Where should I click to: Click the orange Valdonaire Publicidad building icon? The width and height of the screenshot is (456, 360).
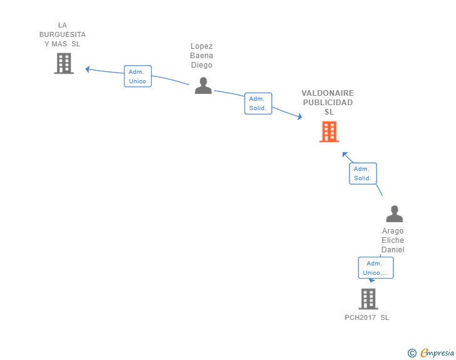329,131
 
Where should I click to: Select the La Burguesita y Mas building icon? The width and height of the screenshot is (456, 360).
63,63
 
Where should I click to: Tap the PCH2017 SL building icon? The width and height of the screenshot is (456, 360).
368,299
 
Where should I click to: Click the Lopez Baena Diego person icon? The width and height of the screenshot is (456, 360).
203,85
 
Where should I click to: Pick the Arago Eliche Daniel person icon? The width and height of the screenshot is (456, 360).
394,214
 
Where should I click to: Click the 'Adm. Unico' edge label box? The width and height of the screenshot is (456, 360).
137,76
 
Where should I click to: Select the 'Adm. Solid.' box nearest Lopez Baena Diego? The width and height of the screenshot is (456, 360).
257,103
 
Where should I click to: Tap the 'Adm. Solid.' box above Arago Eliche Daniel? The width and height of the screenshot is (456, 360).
363,173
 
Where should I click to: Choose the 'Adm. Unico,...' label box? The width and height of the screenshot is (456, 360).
376,268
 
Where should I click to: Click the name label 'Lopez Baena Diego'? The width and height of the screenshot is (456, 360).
202,56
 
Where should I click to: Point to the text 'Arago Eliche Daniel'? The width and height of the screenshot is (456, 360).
393,240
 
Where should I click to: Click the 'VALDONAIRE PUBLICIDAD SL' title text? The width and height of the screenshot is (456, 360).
328,103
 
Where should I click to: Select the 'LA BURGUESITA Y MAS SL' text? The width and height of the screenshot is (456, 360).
63,34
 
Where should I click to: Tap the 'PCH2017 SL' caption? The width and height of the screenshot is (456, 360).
366,317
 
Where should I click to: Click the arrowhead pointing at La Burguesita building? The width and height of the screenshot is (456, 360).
88,69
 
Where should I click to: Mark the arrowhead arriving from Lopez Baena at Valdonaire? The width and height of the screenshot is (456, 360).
299,116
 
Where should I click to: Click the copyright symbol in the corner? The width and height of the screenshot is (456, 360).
412,353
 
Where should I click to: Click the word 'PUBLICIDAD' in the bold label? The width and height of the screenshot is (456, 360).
328,103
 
